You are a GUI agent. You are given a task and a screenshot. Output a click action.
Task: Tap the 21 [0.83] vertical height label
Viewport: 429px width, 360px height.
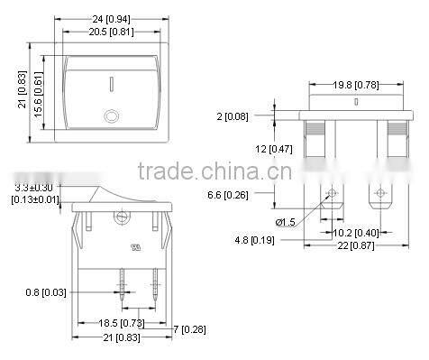coord(23,90)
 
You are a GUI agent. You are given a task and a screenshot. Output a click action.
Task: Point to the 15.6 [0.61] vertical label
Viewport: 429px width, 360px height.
coord(38,90)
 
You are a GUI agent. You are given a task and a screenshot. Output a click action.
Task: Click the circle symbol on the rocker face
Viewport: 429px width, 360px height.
coord(112,115)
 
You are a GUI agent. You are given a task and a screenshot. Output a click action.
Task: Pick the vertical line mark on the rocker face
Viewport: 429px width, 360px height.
coord(112,85)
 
